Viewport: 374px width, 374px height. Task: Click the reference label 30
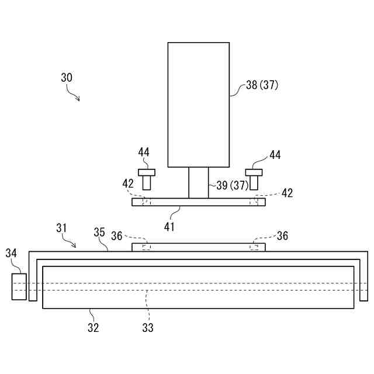[x=67, y=77]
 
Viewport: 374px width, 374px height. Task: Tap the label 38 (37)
[x=262, y=85]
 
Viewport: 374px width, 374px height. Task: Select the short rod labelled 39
[x=198, y=183]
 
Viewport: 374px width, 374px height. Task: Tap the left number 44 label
[x=144, y=153]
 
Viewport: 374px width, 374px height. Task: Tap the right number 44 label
[x=275, y=155]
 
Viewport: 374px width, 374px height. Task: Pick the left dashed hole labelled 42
[x=147, y=202]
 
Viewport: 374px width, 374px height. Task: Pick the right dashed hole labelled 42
[x=254, y=202]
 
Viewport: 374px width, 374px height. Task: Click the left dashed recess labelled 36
[x=147, y=247]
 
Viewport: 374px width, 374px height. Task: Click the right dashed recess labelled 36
[x=254, y=247]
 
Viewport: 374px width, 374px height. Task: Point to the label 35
[x=99, y=233]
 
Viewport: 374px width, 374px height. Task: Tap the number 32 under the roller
[x=93, y=328]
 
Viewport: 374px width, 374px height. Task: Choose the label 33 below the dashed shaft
[x=148, y=328]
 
